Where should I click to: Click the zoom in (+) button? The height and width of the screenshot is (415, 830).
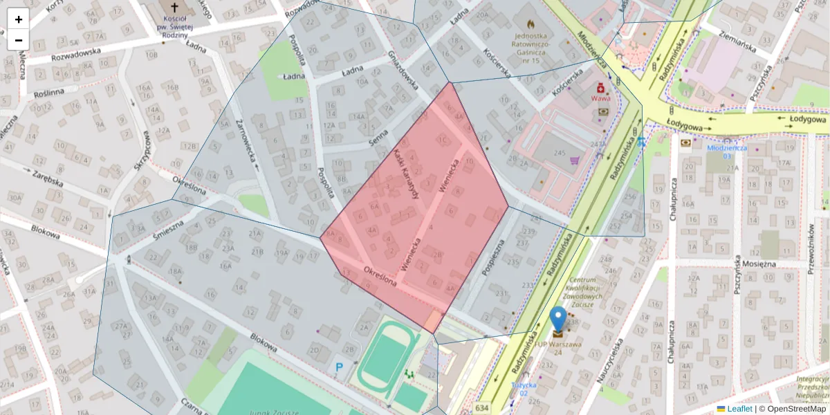click(x=19, y=19)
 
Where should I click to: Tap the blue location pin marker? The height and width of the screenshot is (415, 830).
click(x=557, y=320)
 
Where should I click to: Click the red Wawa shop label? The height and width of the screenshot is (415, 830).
click(x=600, y=98)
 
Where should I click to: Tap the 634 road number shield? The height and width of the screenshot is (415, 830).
click(x=481, y=408)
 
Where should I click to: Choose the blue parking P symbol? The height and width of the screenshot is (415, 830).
click(x=340, y=367)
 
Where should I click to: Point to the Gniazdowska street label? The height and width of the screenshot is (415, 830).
click(x=403, y=72)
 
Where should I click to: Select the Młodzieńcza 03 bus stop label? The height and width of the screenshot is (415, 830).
click(x=726, y=151)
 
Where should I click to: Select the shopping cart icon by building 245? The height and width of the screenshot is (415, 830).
click(x=573, y=160)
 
